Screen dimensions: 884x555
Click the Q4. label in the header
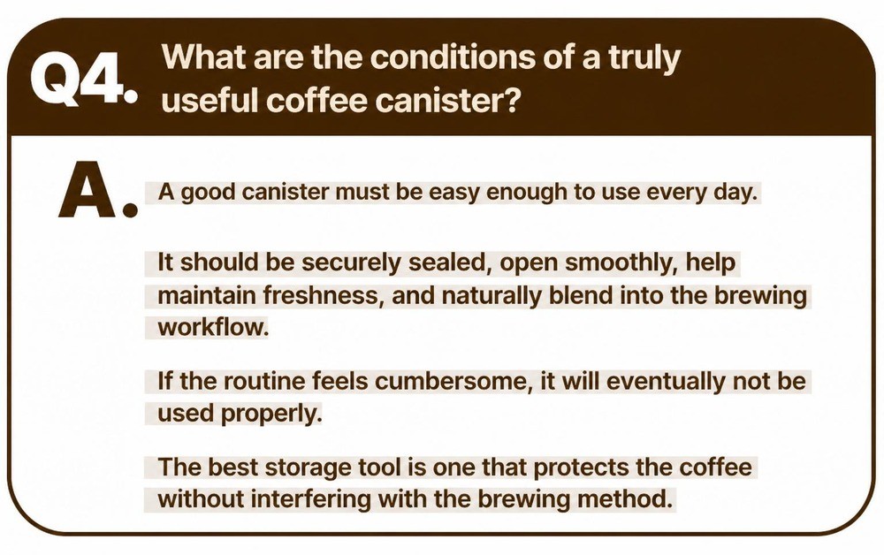[83, 79]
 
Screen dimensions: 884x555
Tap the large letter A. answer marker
[98, 189]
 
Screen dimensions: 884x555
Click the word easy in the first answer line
[453, 194]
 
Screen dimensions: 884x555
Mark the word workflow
[212, 327]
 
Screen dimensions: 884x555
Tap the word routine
[264, 382]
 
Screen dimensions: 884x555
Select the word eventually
[666, 382]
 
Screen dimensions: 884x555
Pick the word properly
[271, 414]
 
